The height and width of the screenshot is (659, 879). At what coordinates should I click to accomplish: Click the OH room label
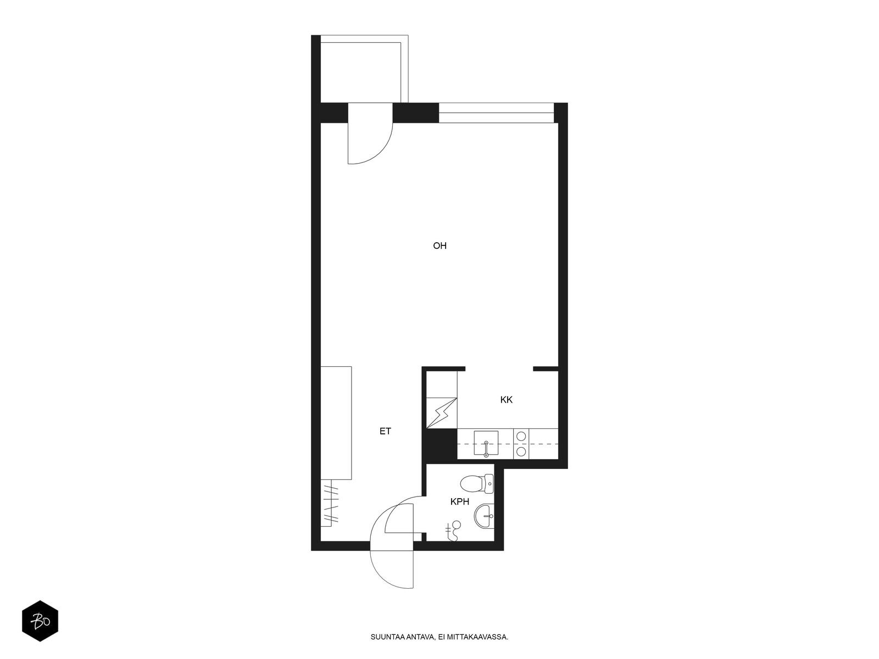(439, 246)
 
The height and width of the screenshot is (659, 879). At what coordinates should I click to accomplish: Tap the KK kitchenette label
(506, 400)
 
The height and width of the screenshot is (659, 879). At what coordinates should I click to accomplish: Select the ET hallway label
(385, 432)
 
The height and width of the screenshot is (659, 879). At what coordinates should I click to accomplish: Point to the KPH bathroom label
(459, 501)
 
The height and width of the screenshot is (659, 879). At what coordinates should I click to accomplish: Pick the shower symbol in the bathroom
(454, 532)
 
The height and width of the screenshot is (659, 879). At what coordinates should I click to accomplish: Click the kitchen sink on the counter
(486, 444)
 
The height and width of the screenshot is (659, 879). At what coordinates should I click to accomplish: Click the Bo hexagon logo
(40, 621)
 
